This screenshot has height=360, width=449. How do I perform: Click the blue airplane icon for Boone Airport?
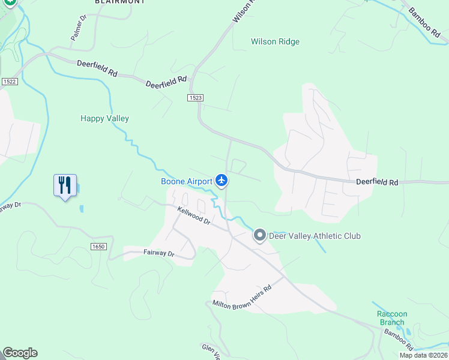pyautogui.click(x=221, y=180)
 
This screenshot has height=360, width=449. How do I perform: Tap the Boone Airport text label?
pyautogui.click(x=187, y=181)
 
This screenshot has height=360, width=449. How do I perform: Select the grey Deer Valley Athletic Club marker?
pyautogui.click(x=259, y=235)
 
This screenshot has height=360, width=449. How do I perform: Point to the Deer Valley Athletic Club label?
pyautogui.click(x=315, y=236)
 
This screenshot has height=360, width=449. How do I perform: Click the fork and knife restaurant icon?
pyautogui.click(x=65, y=185)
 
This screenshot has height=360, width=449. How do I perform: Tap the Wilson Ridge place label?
pyautogui.click(x=275, y=41)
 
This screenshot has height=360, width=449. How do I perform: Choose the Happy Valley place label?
pyautogui.click(x=104, y=118)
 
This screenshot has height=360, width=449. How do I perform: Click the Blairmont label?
pyautogui.click(x=120, y=2)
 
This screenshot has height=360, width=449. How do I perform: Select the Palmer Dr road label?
pyautogui.click(x=79, y=28)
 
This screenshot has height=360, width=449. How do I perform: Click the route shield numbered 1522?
pyautogui.click(x=9, y=81)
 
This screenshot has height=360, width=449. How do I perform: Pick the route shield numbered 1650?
pyautogui.click(x=99, y=247)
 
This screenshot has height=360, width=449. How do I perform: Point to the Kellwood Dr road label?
pyautogui.click(x=194, y=215)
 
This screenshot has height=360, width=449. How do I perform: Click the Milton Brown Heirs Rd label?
pyautogui.click(x=242, y=296)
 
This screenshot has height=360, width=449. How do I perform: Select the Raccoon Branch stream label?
pyautogui.click(x=392, y=318)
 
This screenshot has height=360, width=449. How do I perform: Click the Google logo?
pyautogui.click(x=20, y=353)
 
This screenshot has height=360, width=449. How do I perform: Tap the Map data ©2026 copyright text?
pyautogui.click(x=423, y=355)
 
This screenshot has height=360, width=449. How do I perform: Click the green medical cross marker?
pyautogui.click(x=10, y=2)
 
